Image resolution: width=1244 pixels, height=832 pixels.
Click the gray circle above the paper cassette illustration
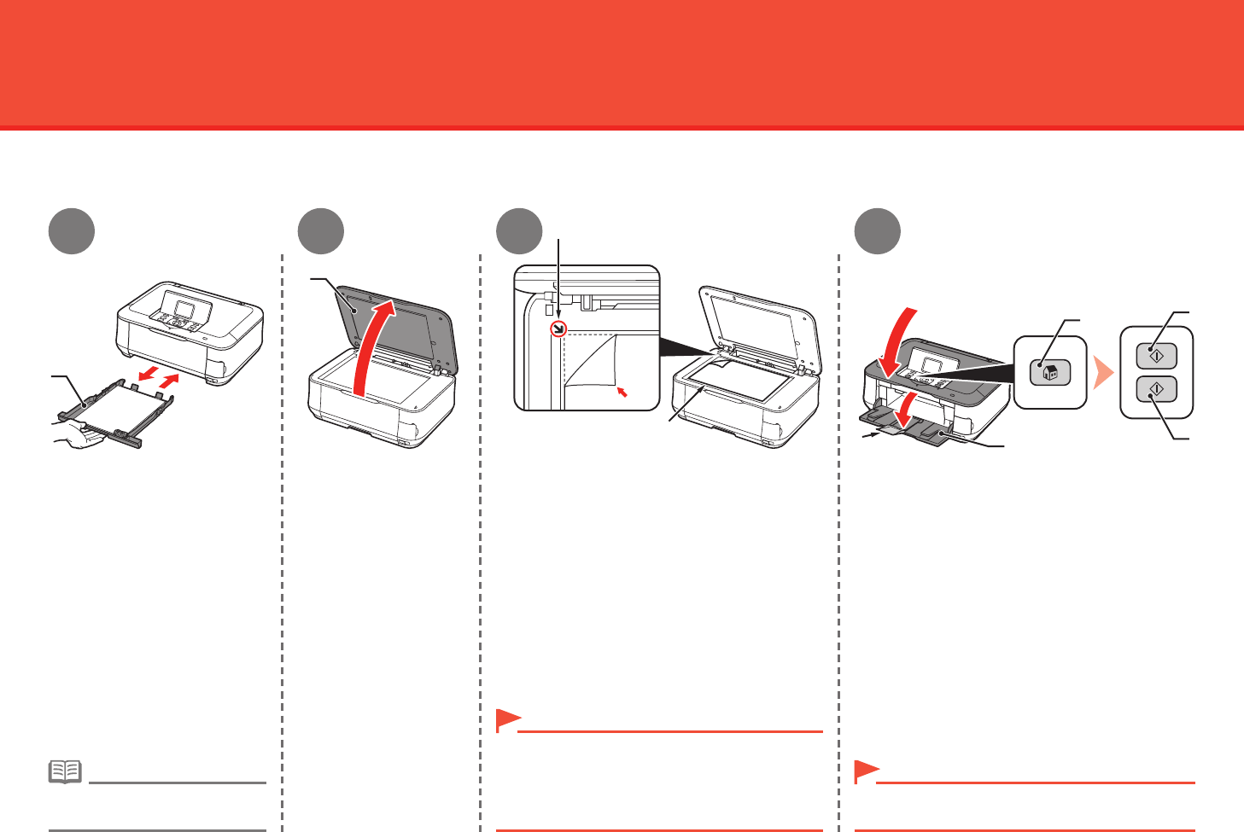tap(71, 231)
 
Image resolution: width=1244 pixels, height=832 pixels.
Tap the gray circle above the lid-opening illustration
tap(321, 231)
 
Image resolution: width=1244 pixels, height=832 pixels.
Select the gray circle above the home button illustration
tap(878, 231)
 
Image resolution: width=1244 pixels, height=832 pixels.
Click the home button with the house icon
tap(1050, 373)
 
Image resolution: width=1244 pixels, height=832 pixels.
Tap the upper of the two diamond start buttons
tap(1156, 354)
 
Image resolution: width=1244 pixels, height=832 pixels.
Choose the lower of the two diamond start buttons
tap(1156, 389)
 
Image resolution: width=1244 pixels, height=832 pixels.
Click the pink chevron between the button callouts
tap(1104, 373)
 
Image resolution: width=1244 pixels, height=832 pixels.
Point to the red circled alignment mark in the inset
tap(558, 329)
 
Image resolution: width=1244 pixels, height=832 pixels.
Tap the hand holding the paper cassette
tap(78, 438)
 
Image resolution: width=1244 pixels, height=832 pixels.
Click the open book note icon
tap(66, 772)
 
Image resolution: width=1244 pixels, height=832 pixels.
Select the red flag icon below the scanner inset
tap(508, 721)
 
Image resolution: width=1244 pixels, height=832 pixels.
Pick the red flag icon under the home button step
tap(867, 771)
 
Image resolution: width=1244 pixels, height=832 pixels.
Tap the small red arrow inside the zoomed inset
tap(622, 392)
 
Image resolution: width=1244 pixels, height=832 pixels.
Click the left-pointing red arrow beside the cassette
tap(148, 375)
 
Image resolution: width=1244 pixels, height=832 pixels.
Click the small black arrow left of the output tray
tap(871, 435)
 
